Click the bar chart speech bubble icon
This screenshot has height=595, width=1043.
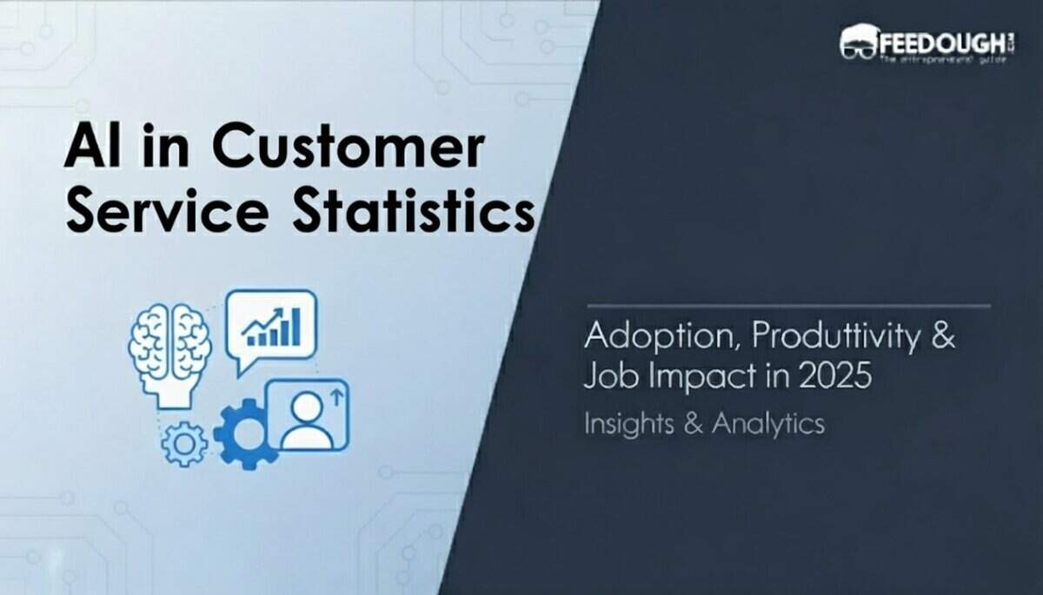click(270, 327)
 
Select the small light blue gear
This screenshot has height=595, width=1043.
click(184, 444)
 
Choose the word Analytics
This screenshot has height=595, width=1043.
click(768, 424)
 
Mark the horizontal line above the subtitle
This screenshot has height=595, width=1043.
click(787, 306)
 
